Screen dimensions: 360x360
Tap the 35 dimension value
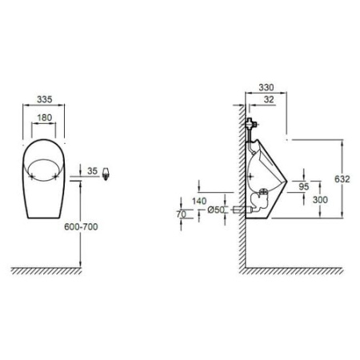coord(93,170)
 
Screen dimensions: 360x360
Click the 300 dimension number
coord(318,200)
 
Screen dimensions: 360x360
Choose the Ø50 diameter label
coord(217,210)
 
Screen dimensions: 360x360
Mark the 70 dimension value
coord(183,214)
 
